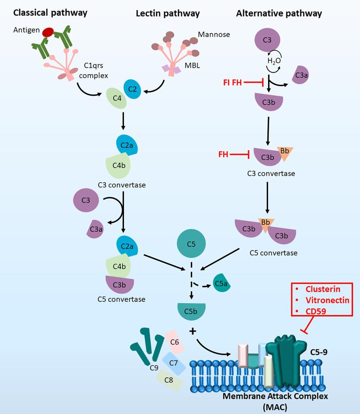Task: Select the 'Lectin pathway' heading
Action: click(x=167, y=13)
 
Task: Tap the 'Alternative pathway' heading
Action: click(x=279, y=13)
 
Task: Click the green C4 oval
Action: click(x=116, y=98)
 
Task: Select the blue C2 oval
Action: click(x=133, y=89)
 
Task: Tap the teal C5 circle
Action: click(x=192, y=244)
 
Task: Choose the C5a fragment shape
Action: click(x=221, y=284)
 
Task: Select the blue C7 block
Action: click(x=174, y=363)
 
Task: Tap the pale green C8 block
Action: click(x=168, y=380)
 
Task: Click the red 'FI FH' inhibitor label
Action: click(x=232, y=82)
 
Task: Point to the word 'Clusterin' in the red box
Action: click(x=323, y=289)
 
